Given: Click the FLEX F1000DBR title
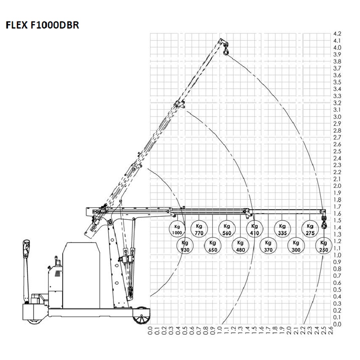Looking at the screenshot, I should [x=42, y=26].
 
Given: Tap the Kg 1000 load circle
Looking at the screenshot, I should [x=177, y=229].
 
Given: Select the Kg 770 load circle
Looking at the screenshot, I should [x=199, y=229].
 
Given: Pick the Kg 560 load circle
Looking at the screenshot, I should [x=227, y=229].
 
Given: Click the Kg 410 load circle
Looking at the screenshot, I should [x=255, y=229].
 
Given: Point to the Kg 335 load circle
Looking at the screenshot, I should [x=282, y=229].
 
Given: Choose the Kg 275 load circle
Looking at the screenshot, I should [x=310, y=229].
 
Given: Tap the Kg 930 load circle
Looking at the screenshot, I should [x=185, y=246].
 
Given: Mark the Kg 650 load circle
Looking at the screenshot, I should [x=213, y=246].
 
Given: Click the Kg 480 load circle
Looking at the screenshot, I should [x=240, y=246].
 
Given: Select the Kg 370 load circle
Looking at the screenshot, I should [x=268, y=246].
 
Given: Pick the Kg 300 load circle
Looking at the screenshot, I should [x=296, y=246].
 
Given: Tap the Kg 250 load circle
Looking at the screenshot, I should [x=324, y=246].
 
